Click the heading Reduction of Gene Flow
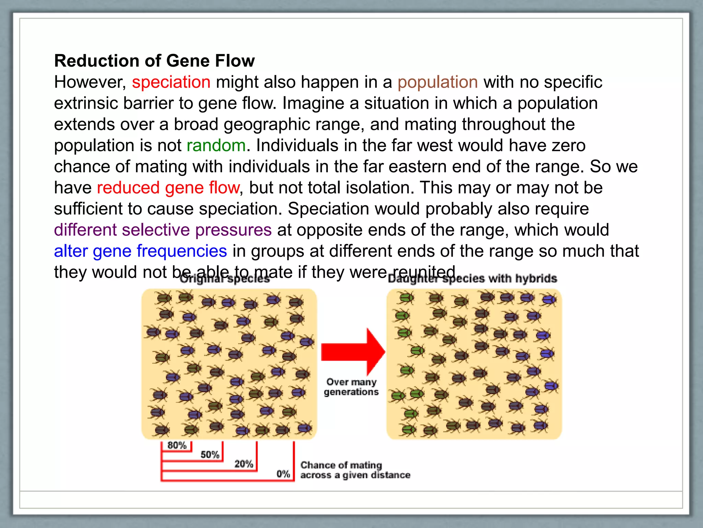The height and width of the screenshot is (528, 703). pos(154,61)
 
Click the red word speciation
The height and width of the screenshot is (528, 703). pos(171,82)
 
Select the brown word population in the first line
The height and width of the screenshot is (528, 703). pos(438,82)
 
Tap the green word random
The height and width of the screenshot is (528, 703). pos(216,145)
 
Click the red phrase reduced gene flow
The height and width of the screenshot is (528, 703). pos(168,188)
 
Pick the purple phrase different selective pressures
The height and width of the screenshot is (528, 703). pos(163,230)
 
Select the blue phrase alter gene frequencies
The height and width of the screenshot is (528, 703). pos(140,251)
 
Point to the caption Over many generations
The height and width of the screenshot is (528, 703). pos(351,387)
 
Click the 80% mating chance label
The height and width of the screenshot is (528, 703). pos(177,445)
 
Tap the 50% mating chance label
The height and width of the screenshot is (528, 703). pos(210,455)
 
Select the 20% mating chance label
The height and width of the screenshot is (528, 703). pos(244,464)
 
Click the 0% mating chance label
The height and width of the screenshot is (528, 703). pos(283,474)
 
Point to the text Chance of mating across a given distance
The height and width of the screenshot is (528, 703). pos(355,470)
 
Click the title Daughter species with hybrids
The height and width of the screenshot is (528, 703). pos(472,279)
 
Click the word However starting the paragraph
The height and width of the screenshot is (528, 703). pos(90,82)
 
